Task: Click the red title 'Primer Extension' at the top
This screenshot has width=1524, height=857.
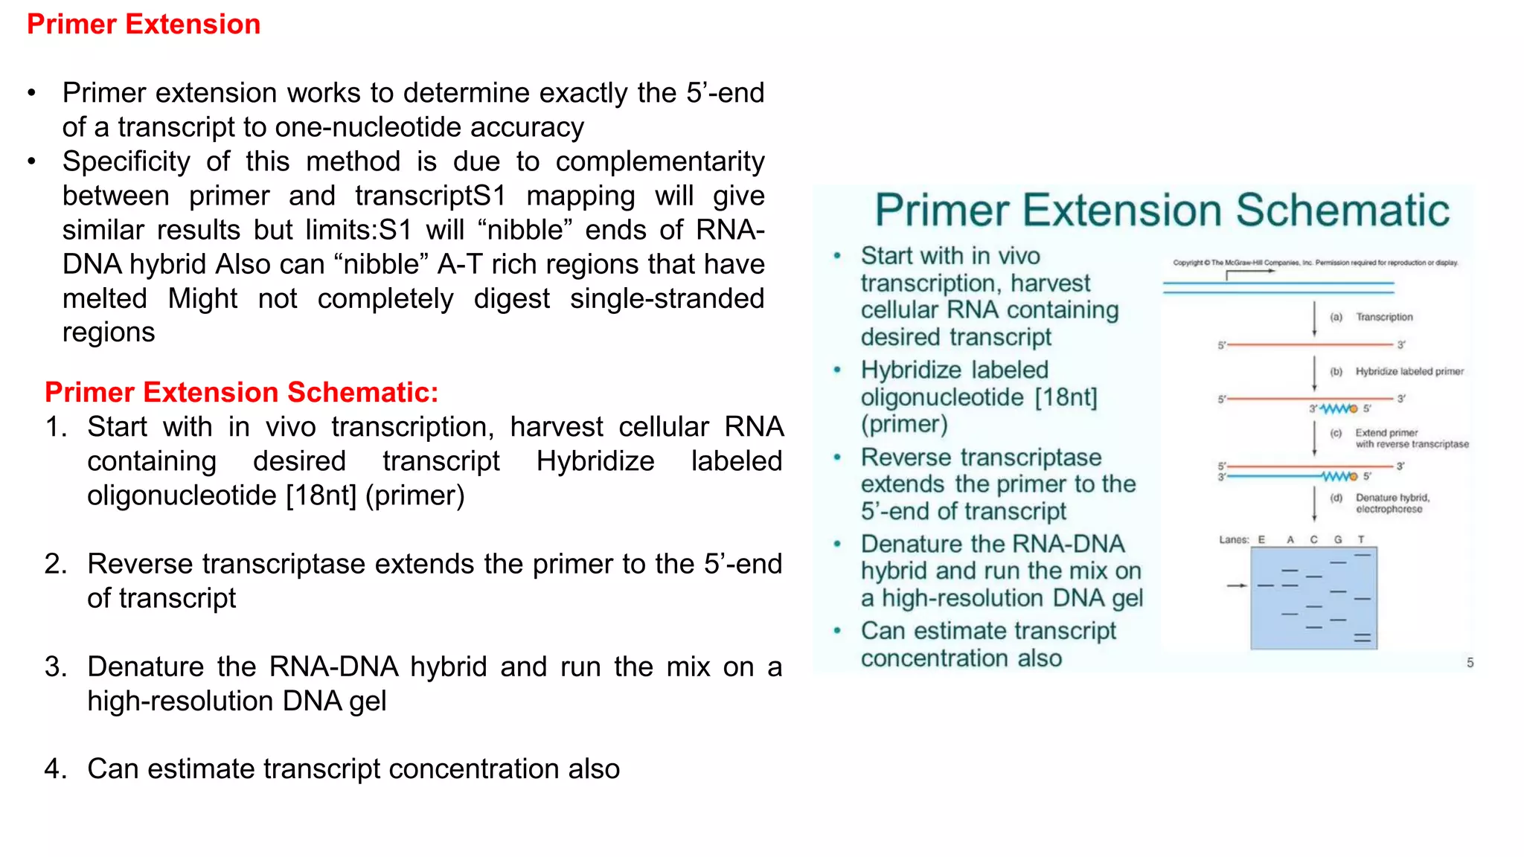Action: tap(144, 25)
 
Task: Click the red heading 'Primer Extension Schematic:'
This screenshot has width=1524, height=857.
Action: tap(241, 392)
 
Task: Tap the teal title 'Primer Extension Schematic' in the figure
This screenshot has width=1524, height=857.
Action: tap(1162, 210)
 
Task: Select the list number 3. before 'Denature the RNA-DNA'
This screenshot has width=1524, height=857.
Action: tap(56, 667)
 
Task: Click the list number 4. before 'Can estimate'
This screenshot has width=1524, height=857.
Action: tap(56, 768)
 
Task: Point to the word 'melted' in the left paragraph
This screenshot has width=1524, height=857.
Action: tap(105, 298)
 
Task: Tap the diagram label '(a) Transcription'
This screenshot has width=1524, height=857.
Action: tap(1371, 317)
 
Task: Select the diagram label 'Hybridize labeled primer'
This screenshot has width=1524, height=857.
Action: tap(1409, 371)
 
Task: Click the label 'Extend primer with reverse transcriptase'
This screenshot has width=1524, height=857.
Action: tap(1411, 438)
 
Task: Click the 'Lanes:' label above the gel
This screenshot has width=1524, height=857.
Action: tap(1233, 539)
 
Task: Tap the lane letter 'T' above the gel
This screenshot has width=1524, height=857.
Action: tap(1361, 539)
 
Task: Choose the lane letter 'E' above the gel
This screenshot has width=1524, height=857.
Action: tap(1261, 539)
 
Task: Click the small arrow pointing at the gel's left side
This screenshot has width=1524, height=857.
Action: tap(1236, 586)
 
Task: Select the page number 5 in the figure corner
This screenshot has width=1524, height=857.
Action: tap(1470, 662)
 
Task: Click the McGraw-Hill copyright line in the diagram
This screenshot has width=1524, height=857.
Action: tap(1315, 263)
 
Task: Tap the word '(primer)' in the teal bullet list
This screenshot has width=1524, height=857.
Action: tap(904, 424)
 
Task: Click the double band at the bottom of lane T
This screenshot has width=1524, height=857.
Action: tap(1362, 638)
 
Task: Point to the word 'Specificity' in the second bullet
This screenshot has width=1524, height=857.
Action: tap(126, 161)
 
